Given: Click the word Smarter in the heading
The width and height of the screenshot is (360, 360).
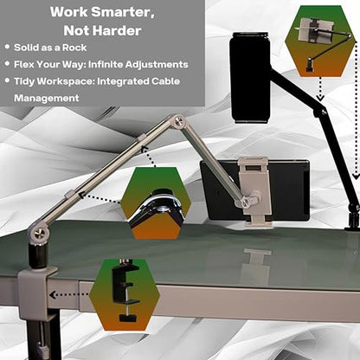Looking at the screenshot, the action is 123,12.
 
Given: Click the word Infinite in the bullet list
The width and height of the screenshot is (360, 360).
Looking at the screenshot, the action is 106,64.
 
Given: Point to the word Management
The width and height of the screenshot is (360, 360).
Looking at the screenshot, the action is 47,98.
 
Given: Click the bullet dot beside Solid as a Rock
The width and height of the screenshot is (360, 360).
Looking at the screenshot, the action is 7,47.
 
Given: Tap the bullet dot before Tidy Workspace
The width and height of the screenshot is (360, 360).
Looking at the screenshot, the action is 7,80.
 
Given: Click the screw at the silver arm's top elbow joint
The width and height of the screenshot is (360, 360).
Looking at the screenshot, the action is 179,119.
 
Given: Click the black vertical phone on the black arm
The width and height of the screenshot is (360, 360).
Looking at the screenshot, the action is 250,78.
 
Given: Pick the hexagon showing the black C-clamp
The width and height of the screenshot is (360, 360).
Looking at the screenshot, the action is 125,295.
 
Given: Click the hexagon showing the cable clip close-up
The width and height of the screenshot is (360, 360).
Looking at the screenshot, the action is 156,203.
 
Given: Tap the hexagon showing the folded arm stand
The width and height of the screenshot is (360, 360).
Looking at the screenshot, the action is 319,41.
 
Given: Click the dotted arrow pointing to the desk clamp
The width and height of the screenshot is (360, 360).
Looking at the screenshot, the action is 68,295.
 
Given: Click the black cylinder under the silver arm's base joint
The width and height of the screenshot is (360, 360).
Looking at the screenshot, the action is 37,254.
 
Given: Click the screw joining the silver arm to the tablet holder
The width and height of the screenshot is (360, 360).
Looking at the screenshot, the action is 246,202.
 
